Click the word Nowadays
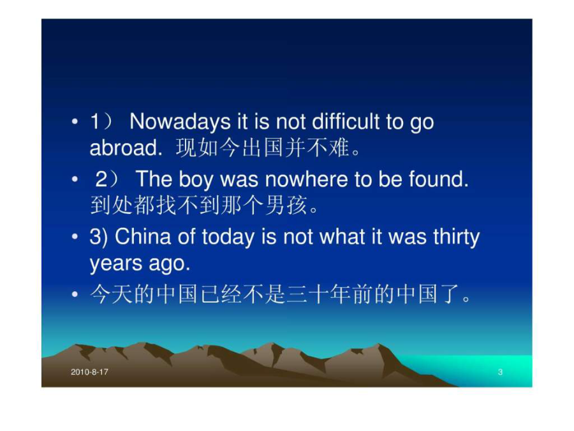point(180,122)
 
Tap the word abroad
point(126,147)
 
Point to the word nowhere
point(307,179)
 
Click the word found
point(439,179)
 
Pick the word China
point(143,236)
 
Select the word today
point(228,237)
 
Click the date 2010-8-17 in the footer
point(90,372)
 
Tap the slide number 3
point(500,372)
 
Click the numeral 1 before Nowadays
point(95,121)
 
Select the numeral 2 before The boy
point(101,179)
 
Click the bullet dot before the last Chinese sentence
point(75,294)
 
